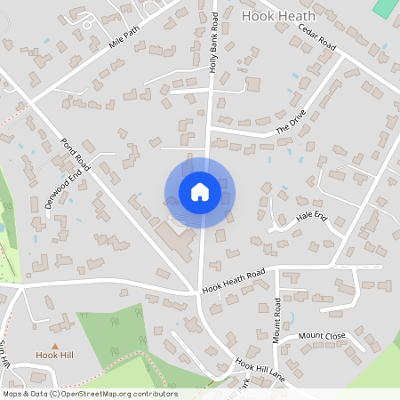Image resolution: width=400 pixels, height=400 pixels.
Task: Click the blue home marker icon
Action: click(x=200, y=192)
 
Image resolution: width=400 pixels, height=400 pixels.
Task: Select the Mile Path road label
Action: click(x=124, y=36)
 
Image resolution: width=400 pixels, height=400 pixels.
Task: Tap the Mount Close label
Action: click(x=321, y=336)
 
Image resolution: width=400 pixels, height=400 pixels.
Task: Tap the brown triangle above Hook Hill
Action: click(x=55, y=345)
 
